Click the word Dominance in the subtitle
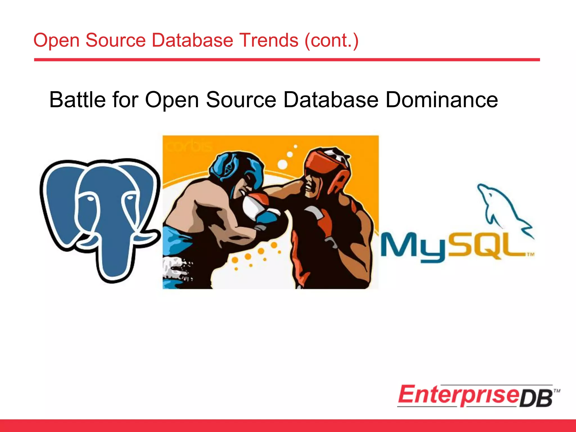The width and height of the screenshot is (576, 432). tap(442, 100)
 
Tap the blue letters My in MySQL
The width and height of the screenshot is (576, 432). tap(413, 246)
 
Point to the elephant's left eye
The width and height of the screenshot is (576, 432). tap(90, 199)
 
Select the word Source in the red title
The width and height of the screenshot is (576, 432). tap(115, 40)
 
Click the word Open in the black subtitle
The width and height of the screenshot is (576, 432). tap(172, 100)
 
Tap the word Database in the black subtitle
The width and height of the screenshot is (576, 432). tap(331, 100)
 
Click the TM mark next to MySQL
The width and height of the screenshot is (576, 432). tap(530, 255)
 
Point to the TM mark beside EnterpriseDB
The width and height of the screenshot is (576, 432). tap(557, 391)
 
